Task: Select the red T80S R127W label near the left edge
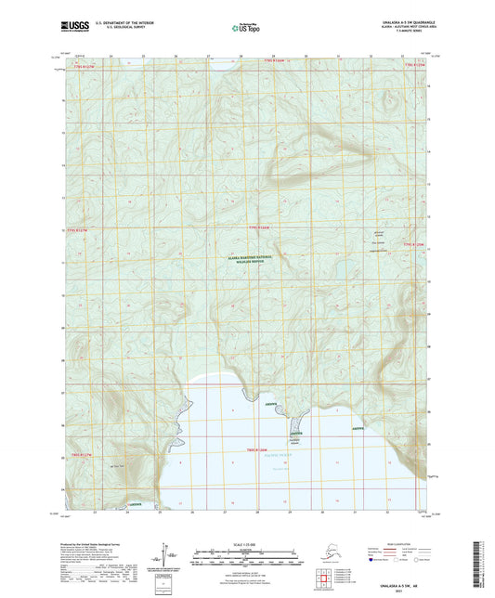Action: click(82, 454)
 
